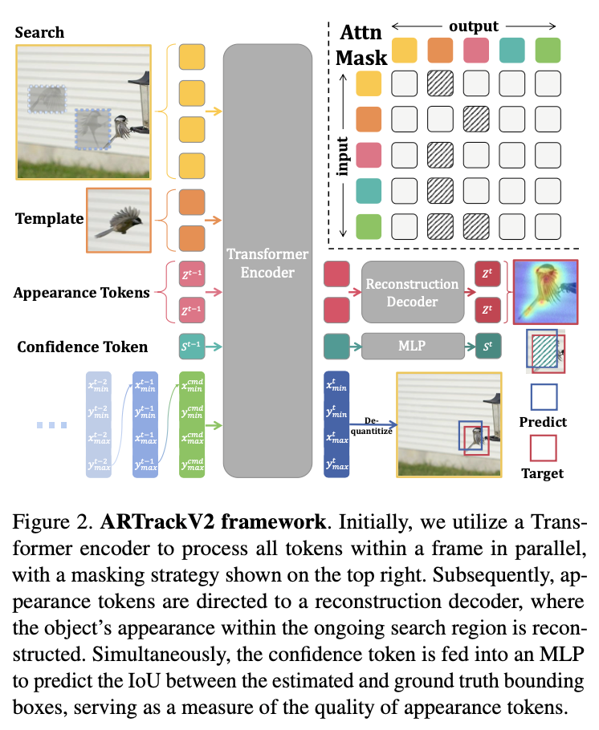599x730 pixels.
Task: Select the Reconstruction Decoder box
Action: [413, 293]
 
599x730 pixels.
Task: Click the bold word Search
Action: [39, 33]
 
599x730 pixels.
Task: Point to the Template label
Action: [48, 218]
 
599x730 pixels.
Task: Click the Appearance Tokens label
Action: [82, 293]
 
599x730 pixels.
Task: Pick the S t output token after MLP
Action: [488, 347]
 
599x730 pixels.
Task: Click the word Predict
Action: [543, 422]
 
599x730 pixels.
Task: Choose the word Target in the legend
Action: [543, 473]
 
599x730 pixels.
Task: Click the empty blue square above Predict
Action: [543, 396]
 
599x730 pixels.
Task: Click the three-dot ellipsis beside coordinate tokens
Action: [54, 424]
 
